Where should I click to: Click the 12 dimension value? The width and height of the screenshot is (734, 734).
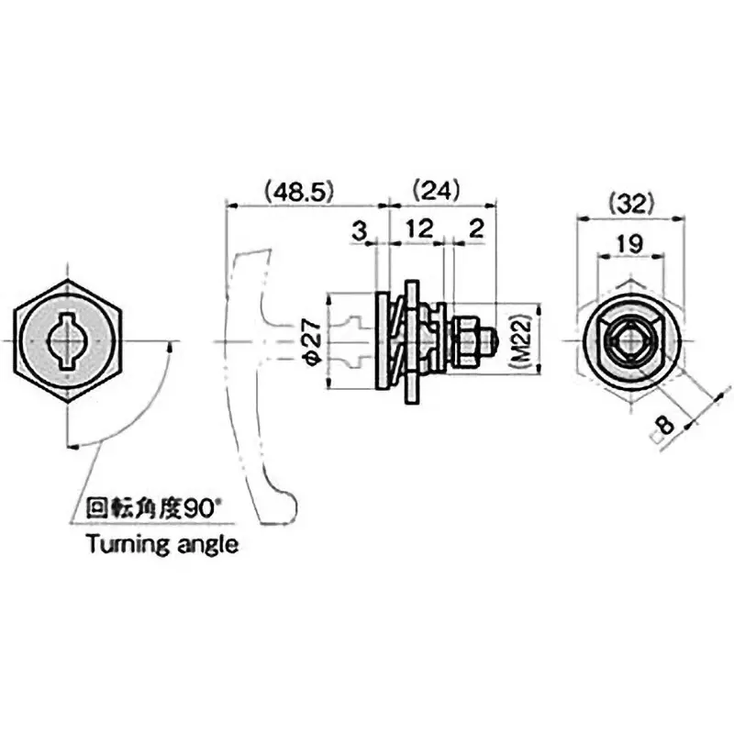(418, 230)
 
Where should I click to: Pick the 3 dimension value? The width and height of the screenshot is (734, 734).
(360, 230)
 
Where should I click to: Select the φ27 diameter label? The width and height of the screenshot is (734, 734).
(310, 343)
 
